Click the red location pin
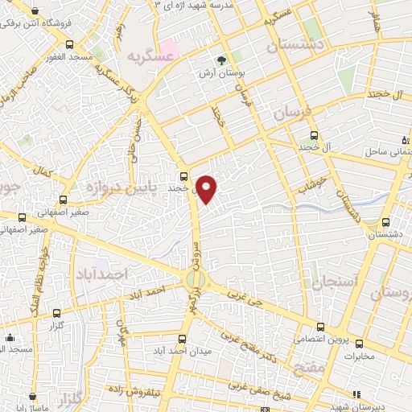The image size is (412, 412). click(207, 189)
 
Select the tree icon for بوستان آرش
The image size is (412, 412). click(222, 60)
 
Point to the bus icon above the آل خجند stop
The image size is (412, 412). click(311, 136)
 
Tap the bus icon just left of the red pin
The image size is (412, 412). click(184, 175)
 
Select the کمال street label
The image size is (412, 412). click(42, 171)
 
